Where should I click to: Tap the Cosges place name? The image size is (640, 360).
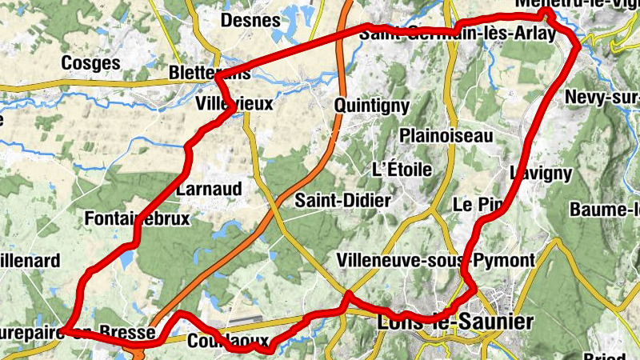(90, 62)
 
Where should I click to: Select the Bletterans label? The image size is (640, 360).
(210, 73)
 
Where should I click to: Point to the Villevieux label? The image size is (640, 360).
(234, 104)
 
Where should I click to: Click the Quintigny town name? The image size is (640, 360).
(372, 105)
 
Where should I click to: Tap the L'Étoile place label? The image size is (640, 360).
(402, 169)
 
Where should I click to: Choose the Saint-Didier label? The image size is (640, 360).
(342, 200)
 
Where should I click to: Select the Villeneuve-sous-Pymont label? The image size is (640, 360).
(435, 260)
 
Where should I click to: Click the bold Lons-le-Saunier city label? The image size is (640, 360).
(454, 322)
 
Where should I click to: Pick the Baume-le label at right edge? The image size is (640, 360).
(604, 210)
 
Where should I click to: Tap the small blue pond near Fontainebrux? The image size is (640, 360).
(126, 258)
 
